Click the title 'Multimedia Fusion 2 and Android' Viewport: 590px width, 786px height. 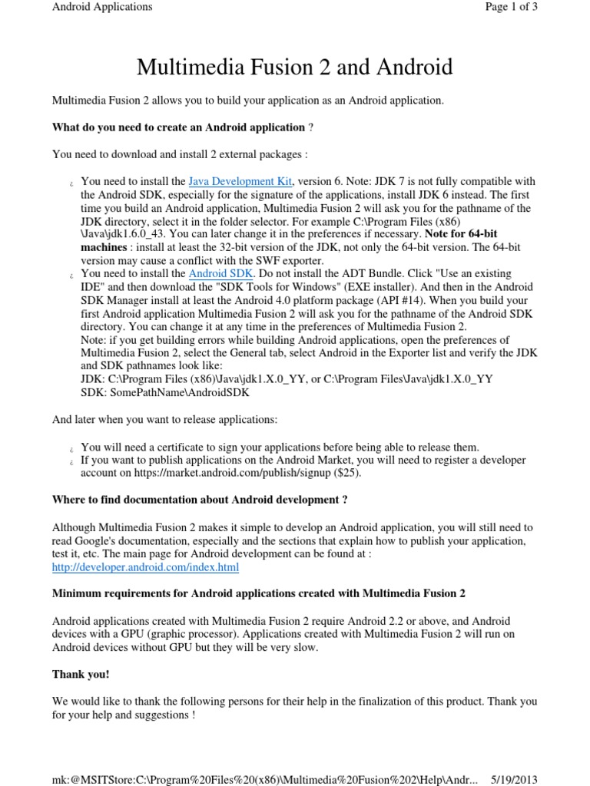point(295,68)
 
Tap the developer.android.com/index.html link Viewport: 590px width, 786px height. point(145,567)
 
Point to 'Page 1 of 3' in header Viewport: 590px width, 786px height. point(511,7)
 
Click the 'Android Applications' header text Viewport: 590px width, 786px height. point(102,7)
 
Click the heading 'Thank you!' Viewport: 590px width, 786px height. point(81,674)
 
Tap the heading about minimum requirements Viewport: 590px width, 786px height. point(258,593)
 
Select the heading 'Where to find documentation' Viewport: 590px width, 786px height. point(200,500)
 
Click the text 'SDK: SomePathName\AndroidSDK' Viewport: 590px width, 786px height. point(165,391)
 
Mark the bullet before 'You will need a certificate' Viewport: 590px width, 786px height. point(71,447)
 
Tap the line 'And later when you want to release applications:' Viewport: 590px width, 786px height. point(164,420)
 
